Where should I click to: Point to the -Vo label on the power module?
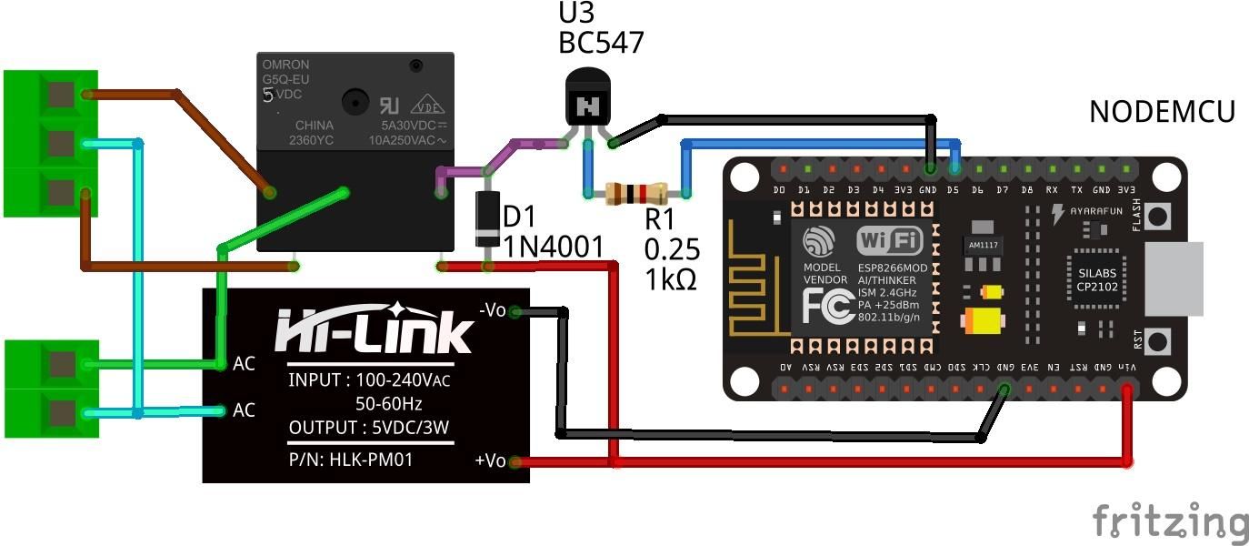[x=491, y=310]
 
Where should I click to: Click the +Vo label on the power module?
[x=490, y=460]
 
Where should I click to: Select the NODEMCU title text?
[x=1162, y=112]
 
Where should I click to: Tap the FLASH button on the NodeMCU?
[x=1157, y=217]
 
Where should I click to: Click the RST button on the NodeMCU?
[x=1157, y=342]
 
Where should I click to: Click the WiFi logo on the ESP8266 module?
[x=889, y=241]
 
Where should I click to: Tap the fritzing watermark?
[x=1170, y=522]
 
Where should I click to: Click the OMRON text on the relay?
[x=285, y=65]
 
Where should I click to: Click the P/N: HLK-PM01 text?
[x=351, y=460]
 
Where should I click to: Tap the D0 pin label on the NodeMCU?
[x=779, y=190]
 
